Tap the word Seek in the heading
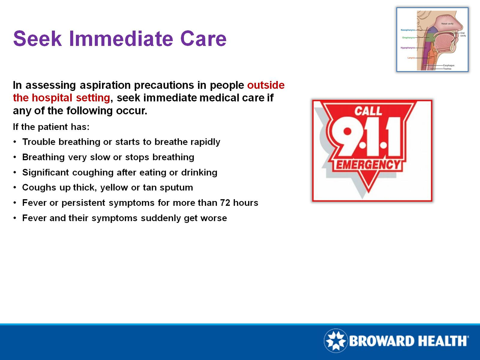pyautogui.click(x=37, y=39)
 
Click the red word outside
pyautogui.click(x=266, y=85)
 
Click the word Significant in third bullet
pyautogui.click(x=45, y=172)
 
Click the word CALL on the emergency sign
pyautogui.click(x=368, y=111)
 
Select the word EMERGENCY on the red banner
pyautogui.click(x=368, y=165)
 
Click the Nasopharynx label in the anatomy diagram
pyautogui.click(x=408, y=30)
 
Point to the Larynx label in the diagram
pyautogui.click(x=411, y=58)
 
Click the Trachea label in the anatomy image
pyautogui.click(x=447, y=69)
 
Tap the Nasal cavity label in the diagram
pyautogui.click(x=447, y=24)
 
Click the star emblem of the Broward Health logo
pyautogui.click(x=336, y=341)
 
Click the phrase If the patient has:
pyautogui.click(x=51, y=127)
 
